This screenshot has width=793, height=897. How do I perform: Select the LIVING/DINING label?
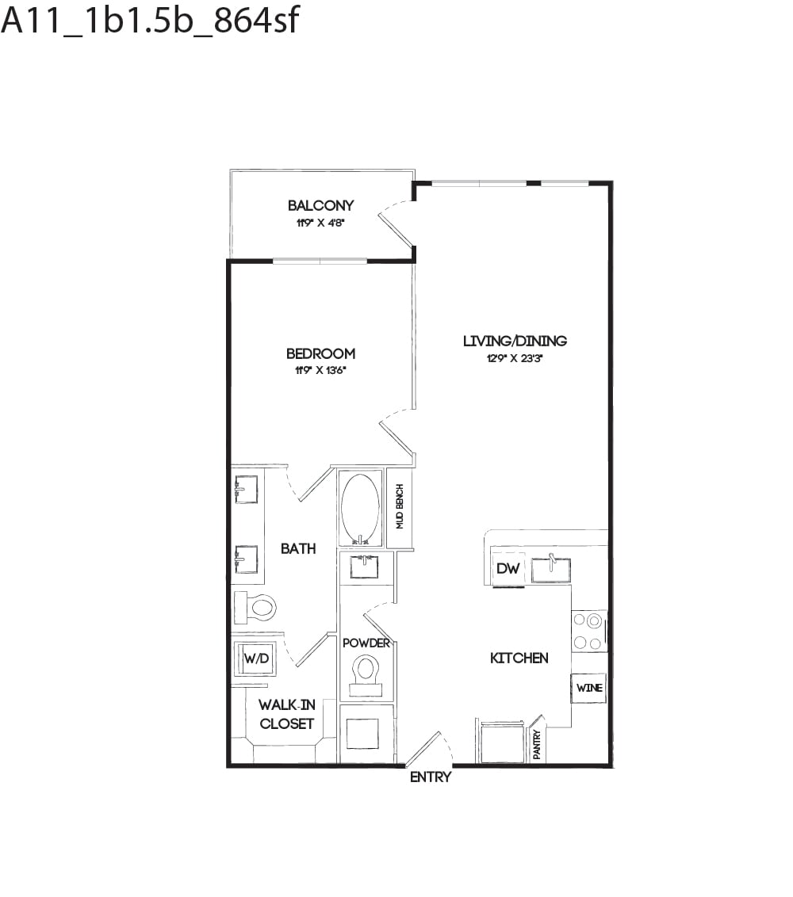[x=515, y=342]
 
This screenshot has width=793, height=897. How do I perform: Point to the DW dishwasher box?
[x=508, y=569]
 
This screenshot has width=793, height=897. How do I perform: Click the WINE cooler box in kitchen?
[x=589, y=688]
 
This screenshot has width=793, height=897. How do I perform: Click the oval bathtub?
[x=361, y=507]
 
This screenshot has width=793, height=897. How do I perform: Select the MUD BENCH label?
[x=400, y=506]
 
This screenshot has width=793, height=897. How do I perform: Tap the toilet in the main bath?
[x=255, y=608]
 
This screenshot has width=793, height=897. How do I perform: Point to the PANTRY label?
[x=537, y=746]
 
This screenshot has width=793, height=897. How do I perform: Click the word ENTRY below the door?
[x=430, y=777]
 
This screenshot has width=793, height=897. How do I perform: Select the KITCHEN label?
[x=519, y=658]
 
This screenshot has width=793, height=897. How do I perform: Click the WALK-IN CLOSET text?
[x=286, y=714]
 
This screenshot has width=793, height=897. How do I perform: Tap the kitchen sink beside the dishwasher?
[x=550, y=568]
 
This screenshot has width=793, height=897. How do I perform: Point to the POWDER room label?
[x=366, y=643]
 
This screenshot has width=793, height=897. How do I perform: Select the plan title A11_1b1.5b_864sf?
[x=151, y=21]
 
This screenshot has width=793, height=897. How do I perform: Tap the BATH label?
[x=298, y=548]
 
